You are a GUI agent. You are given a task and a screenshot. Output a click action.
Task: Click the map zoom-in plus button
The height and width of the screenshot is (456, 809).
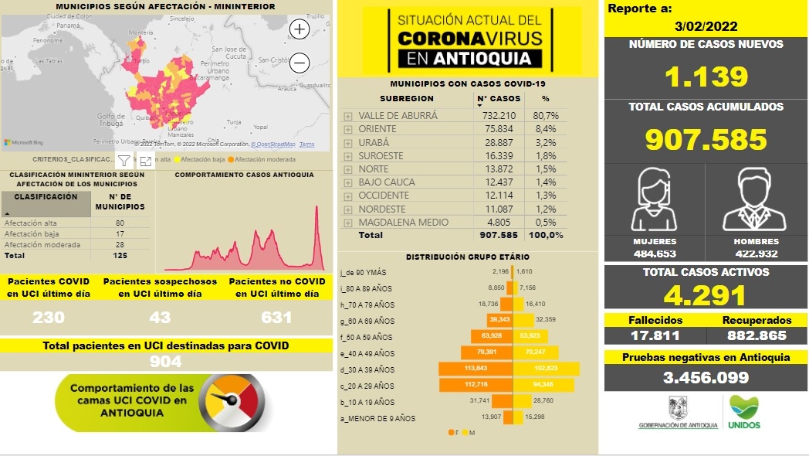point(299,29)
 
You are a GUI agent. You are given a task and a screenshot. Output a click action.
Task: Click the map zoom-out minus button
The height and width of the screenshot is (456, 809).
point(300,63)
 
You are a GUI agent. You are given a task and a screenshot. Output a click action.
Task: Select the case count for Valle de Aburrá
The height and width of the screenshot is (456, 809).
point(498,115)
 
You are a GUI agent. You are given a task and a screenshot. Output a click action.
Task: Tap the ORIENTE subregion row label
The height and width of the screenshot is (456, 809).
point(377,128)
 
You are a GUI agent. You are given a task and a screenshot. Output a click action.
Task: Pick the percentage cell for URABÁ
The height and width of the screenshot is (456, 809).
point(546,142)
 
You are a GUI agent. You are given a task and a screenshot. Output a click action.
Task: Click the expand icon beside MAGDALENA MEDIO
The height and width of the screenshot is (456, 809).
point(348,223)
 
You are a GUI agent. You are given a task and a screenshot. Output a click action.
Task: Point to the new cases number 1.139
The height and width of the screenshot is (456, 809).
point(706,76)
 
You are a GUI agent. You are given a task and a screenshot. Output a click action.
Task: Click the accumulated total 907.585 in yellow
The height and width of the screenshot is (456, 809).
point(706,139)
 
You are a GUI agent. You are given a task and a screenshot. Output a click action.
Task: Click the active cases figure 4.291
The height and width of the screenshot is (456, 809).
point(706,295)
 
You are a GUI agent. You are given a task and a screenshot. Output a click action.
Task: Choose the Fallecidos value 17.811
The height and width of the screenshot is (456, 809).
point(654,335)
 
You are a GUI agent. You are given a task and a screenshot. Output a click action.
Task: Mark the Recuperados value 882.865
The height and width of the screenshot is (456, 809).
point(757,335)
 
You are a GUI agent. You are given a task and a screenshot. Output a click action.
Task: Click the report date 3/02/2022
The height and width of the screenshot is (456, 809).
point(706,26)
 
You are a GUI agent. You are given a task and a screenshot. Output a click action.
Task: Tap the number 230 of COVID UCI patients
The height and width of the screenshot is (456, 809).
point(49,318)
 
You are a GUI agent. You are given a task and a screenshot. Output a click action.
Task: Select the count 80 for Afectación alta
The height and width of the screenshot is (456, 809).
point(120,223)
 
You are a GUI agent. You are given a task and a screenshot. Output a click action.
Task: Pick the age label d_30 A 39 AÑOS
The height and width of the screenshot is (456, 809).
point(369,369)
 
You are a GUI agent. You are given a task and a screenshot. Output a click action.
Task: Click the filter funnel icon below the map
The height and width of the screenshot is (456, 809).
point(124,161)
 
